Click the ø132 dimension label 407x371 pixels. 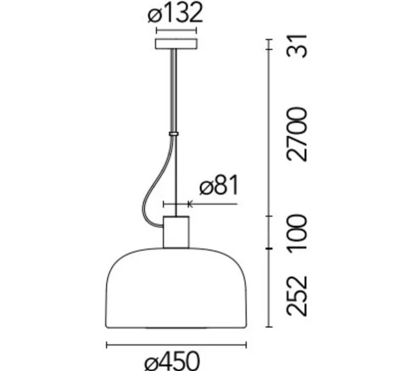(x=175, y=13)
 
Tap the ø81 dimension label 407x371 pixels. (x=218, y=187)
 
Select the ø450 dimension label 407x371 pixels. (x=174, y=361)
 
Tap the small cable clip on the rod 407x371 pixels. (x=173, y=133)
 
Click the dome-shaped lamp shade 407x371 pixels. (x=176, y=290)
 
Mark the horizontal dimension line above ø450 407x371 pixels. (x=176, y=345)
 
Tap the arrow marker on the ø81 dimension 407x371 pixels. (x=189, y=204)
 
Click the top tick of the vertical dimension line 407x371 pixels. (x=269, y=39)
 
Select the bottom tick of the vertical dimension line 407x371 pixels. (x=269, y=327)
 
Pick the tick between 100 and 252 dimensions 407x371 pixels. (x=269, y=249)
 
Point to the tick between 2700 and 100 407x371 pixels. (x=269, y=216)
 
